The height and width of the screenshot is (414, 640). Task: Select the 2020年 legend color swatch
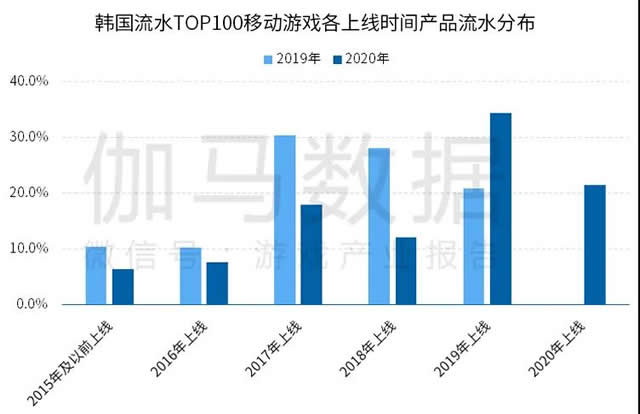(336, 59)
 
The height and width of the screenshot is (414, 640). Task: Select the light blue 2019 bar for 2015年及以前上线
(96, 275)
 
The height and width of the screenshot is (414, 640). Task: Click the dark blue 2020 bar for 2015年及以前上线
(123, 286)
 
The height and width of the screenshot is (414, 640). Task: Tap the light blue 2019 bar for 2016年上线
(190, 276)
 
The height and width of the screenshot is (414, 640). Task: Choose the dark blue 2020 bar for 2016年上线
(217, 283)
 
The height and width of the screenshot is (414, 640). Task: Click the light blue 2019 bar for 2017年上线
(285, 220)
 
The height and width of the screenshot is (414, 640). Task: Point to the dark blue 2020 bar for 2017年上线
(312, 254)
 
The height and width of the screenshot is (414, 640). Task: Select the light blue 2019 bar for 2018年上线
(379, 226)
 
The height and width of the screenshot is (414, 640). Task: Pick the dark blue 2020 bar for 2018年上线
(406, 270)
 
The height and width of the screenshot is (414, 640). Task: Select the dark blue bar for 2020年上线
(595, 244)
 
